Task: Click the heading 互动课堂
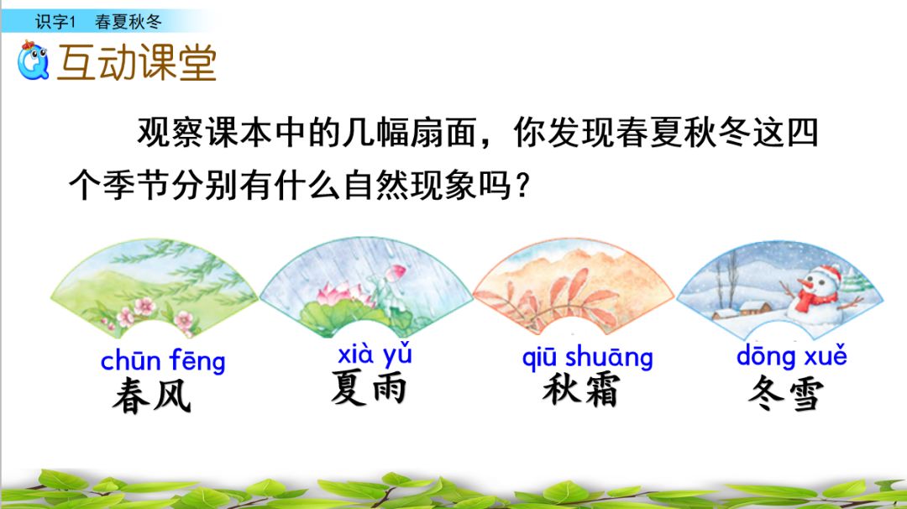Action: click(137, 63)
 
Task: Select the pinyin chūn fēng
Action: click(163, 361)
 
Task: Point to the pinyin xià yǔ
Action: click(375, 355)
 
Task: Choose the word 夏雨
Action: click(369, 389)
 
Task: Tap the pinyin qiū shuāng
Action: click(587, 357)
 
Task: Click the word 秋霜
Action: click(580, 391)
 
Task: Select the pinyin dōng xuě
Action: click(791, 355)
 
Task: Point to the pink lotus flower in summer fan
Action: click(333, 293)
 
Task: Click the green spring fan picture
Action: click(155, 286)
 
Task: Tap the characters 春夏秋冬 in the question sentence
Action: click(668, 134)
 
